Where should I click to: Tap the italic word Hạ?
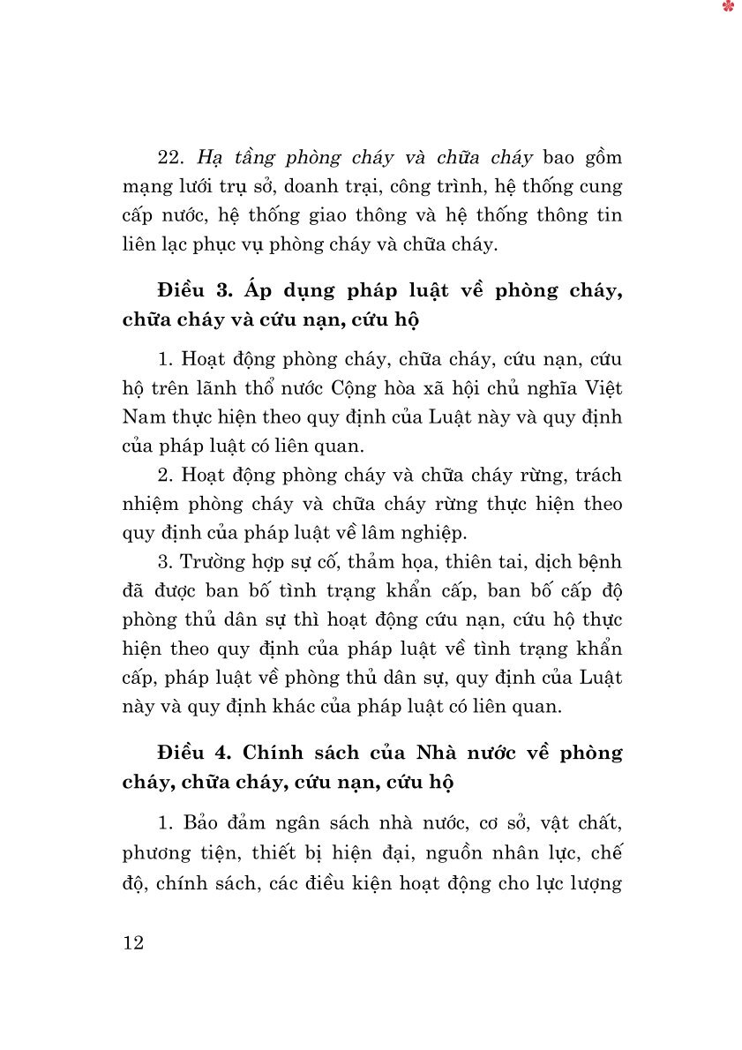(x=209, y=159)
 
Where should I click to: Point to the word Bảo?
(x=204, y=823)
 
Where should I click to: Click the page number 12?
(x=134, y=942)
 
